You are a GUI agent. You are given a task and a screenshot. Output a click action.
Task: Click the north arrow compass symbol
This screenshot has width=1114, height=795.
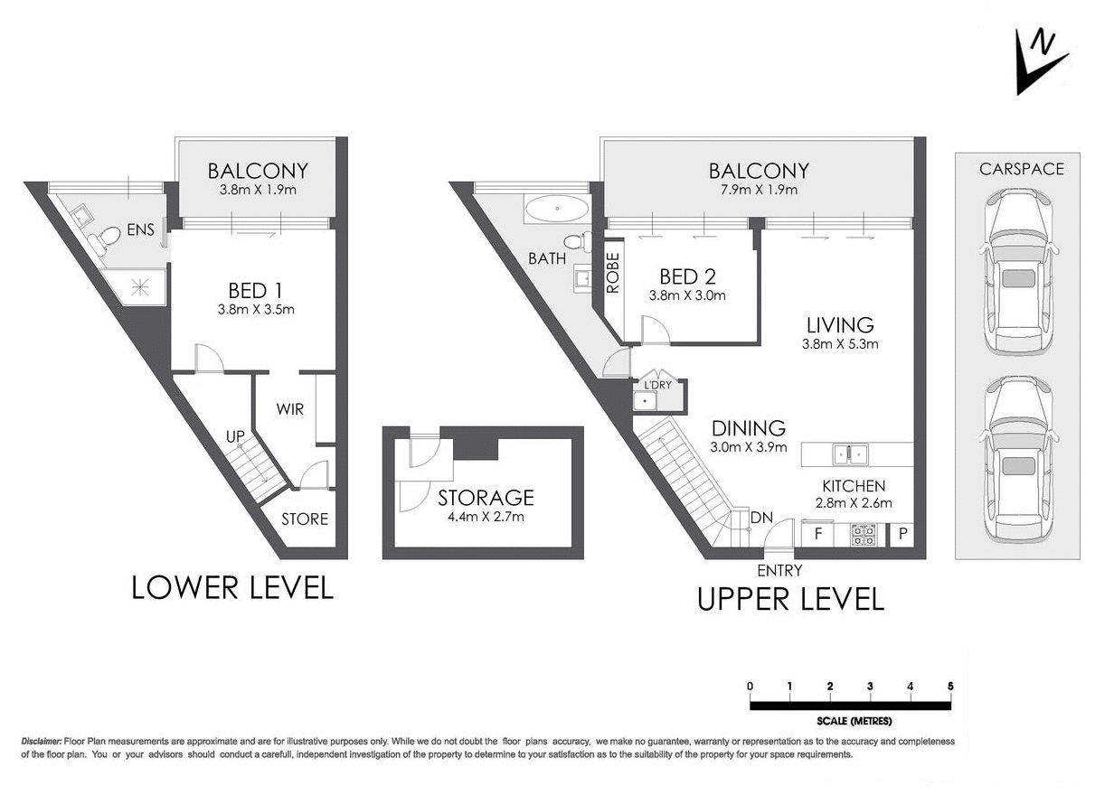pyautogui.click(x=1040, y=61)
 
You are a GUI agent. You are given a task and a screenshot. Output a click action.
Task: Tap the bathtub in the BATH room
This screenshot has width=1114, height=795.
pyautogui.click(x=556, y=210)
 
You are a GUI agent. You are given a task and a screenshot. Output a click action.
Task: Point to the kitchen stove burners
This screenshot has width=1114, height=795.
pyautogui.click(x=863, y=536)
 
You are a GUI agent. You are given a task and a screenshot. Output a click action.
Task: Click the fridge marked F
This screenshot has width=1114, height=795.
pyautogui.click(x=818, y=534)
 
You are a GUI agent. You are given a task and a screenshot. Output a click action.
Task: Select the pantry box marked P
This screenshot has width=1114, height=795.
pyautogui.click(x=902, y=535)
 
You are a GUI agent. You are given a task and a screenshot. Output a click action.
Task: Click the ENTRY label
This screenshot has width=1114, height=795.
pyautogui.click(x=779, y=570)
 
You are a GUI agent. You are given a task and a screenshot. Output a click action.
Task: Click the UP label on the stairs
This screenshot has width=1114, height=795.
pyautogui.click(x=236, y=437)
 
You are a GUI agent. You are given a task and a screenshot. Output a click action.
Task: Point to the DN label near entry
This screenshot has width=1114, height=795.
pyautogui.click(x=761, y=519)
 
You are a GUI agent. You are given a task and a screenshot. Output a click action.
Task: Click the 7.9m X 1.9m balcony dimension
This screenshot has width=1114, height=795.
pyautogui.click(x=759, y=191)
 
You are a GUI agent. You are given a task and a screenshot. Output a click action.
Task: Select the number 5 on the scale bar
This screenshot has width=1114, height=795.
pyautogui.click(x=950, y=687)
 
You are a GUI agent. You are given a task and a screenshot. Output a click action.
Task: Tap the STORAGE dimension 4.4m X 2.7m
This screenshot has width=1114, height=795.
pyautogui.click(x=486, y=518)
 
